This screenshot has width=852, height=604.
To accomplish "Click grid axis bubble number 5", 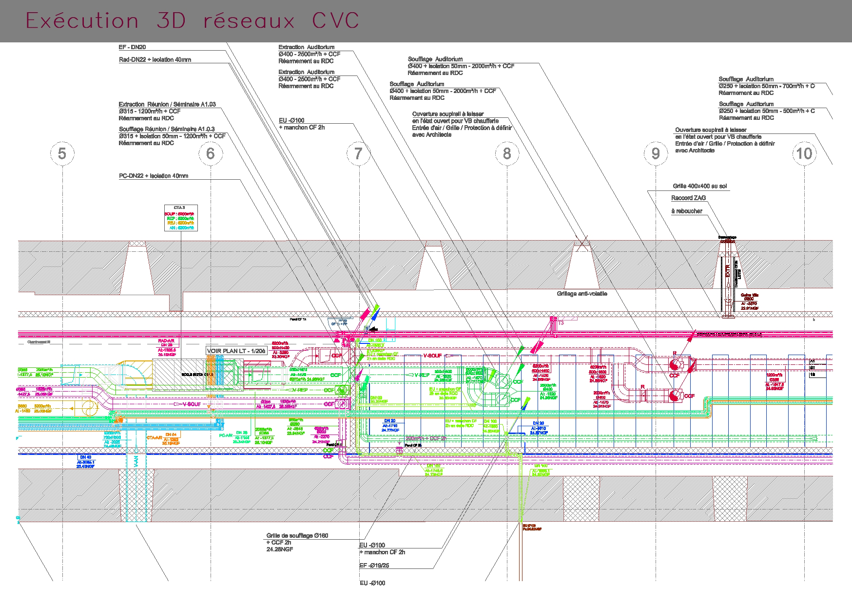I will click(x=62, y=153).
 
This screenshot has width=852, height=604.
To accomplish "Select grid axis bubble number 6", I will click(x=211, y=153).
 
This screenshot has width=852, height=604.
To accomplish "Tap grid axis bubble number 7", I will click(x=359, y=153).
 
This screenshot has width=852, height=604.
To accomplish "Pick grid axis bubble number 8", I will click(x=507, y=153).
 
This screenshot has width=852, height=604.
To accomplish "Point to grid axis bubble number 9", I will click(x=656, y=153).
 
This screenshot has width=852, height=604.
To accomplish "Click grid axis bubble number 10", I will click(x=804, y=153).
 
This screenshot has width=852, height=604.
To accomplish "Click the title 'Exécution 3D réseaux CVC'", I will click(x=192, y=21).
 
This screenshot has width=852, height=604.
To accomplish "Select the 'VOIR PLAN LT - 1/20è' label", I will click(x=236, y=351).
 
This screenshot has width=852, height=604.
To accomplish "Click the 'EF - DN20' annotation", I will click(x=132, y=47).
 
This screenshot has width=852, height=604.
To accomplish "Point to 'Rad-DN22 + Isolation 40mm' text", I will click(x=155, y=60).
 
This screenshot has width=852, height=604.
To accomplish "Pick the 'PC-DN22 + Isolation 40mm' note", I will click(x=154, y=176).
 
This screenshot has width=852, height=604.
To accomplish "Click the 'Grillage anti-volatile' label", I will click(x=582, y=294).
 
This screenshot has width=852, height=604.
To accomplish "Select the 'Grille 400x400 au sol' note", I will click(x=694, y=186).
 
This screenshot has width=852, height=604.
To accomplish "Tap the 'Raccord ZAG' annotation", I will click(x=688, y=198).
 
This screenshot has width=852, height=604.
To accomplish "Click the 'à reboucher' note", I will click(x=686, y=211).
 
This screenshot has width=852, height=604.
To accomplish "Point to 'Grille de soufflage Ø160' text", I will click(x=297, y=535).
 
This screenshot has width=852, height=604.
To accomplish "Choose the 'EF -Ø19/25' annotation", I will click(x=374, y=566).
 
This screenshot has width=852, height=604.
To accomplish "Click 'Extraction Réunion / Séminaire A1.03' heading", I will click(x=167, y=104).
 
